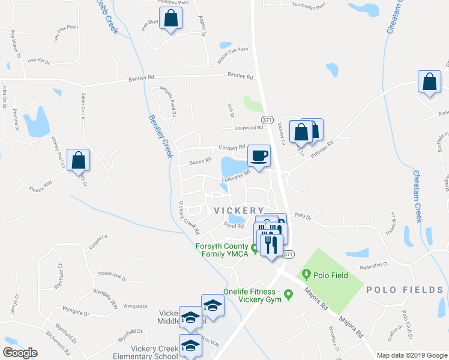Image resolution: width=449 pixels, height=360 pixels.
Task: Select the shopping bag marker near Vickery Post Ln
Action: coord(78,160)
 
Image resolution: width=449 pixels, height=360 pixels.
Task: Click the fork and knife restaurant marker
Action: coord(271,245)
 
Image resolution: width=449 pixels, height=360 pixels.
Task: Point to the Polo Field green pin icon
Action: coord(307,275)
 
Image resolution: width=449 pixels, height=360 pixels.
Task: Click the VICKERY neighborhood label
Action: coord(239,210)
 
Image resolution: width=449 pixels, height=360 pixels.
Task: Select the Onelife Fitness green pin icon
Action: coord(288,294)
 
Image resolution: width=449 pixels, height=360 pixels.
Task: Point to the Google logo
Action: coord(20,353)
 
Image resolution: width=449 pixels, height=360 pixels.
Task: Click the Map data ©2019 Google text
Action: coord(412,355)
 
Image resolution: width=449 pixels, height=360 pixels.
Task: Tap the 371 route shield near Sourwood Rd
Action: coord(268,119)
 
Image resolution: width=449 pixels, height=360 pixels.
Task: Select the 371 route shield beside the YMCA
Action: coord(289,254)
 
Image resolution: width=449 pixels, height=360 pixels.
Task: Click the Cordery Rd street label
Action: coord(233,147)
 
